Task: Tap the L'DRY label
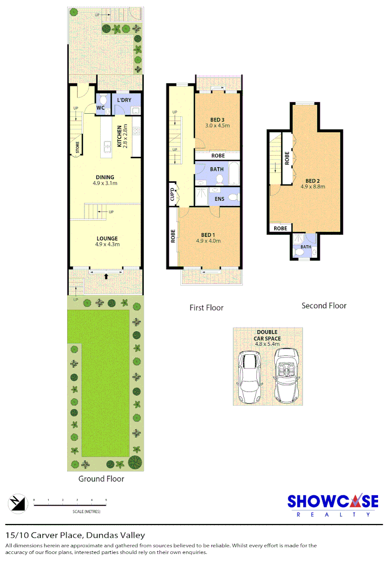(x=124, y=100)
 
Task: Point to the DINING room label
(x=105, y=177)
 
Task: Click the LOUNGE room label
(x=106, y=238)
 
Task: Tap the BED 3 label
(x=217, y=119)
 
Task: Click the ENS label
(x=219, y=199)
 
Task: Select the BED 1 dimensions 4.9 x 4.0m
(x=208, y=241)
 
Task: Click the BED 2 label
(x=313, y=180)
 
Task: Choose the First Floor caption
(x=207, y=308)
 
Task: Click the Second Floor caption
(x=324, y=306)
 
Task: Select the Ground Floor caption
(x=101, y=478)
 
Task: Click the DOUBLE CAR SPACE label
(x=268, y=335)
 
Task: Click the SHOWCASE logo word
(x=332, y=502)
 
